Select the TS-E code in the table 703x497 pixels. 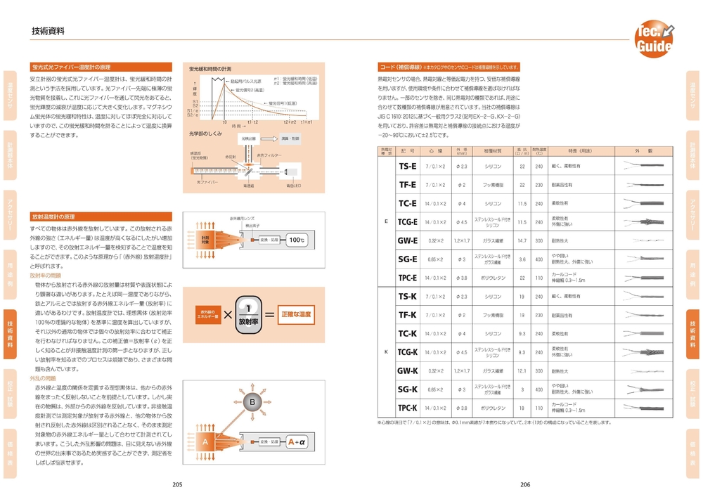[x=408, y=167]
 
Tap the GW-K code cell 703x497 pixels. [x=408, y=370]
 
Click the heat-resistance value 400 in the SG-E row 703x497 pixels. [x=538, y=259]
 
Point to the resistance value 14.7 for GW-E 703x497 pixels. [x=522, y=240]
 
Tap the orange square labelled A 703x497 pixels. [x=205, y=442]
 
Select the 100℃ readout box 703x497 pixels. [x=297, y=240]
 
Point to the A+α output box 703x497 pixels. [x=297, y=442]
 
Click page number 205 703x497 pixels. [x=177, y=484]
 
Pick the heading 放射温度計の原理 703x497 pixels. [x=53, y=217]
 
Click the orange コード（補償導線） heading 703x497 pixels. [x=396, y=67]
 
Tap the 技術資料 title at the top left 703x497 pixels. [x=49, y=31]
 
